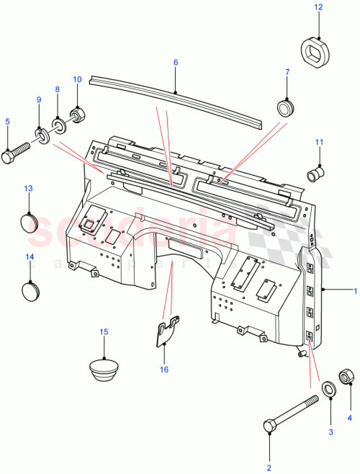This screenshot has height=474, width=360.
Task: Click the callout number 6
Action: click(x=175, y=63)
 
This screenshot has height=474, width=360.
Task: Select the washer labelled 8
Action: click(x=59, y=125)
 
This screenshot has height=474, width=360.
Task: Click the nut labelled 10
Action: click(x=76, y=115)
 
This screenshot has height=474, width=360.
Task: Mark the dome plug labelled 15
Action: click(x=104, y=367)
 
